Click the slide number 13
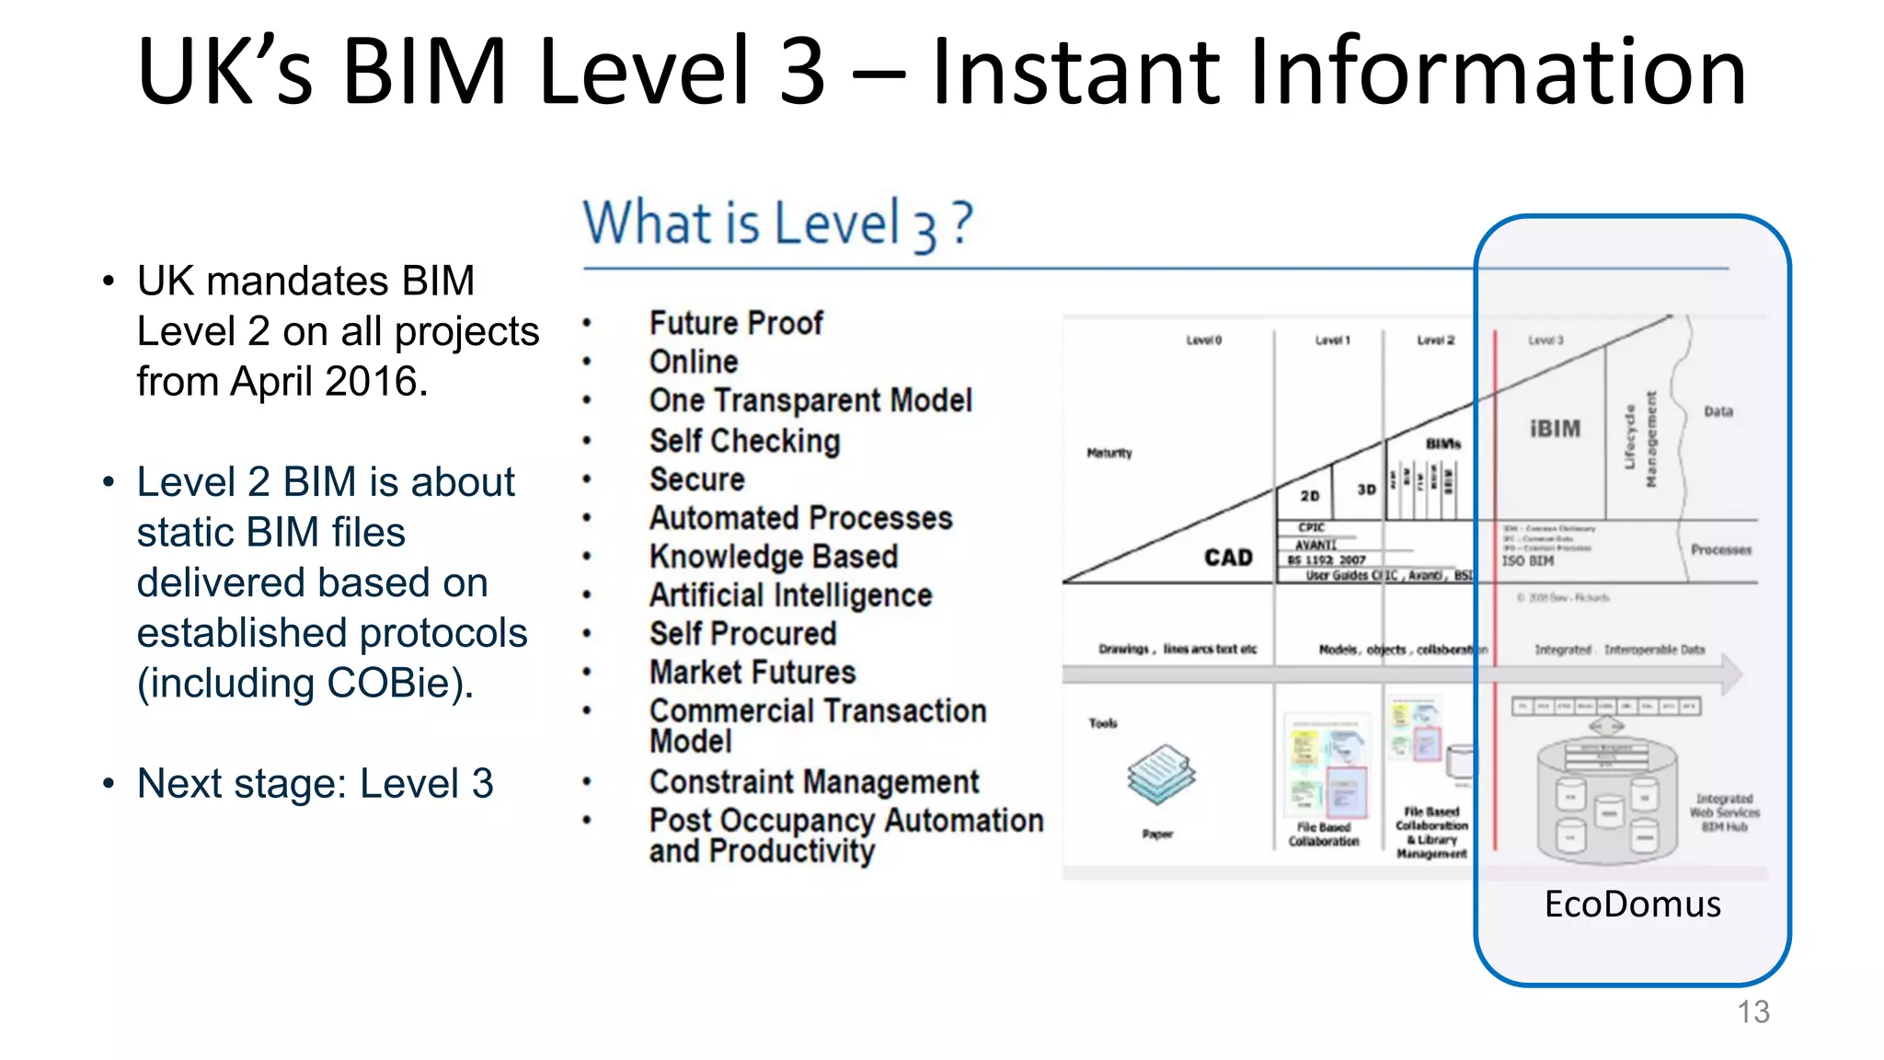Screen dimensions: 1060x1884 pos(1752,1012)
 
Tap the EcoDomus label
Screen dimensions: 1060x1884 pos(1632,904)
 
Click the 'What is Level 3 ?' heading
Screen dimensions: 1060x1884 pos(777,224)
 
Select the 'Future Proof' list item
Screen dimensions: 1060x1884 pos(736,323)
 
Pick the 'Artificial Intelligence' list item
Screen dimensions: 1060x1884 pos(790,595)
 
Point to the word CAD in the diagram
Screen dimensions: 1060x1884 pos(1228,558)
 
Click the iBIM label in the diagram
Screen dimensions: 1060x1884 pos(1555,429)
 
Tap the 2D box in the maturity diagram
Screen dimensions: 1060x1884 pos(1310,496)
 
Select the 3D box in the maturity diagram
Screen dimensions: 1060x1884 pos(1366,490)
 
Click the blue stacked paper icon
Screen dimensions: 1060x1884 pos(1161,774)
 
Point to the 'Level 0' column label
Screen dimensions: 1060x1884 pos(1203,340)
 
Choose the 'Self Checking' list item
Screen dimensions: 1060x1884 pos(744,441)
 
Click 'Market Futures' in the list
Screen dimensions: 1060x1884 pos(752,672)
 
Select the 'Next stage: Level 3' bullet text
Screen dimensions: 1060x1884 pos(315,784)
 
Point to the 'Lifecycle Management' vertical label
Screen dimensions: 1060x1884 pos(1639,440)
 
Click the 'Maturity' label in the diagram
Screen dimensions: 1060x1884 pos(1109,453)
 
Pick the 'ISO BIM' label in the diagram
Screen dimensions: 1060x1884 pos(1528,560)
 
